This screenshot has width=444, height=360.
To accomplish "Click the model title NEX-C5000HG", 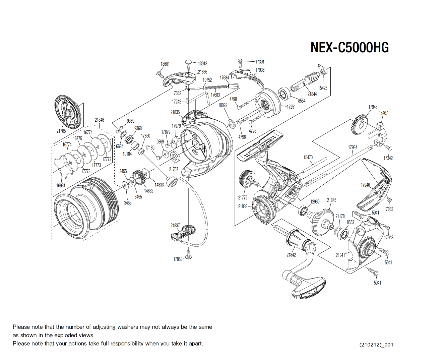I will [x=350, y=48].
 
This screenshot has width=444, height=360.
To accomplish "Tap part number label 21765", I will [x=61, y=131].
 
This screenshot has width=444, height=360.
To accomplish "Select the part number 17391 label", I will [x=260, y=62].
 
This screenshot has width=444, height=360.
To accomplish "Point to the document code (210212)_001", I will [x=376, y=345].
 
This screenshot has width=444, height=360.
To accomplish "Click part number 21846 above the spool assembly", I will [x=99, y=120].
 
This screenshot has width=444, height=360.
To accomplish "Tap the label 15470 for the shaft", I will [x=308, y=157].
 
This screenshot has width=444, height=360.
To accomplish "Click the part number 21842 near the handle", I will [x=291, y=255].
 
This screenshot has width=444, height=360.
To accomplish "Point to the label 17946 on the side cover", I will [x=365, y=185].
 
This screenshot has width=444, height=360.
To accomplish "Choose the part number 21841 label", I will [x=340, y=255].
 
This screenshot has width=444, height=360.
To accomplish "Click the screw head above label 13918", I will [x=189, y=62].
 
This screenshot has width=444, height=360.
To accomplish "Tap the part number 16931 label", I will [x=61, y=185].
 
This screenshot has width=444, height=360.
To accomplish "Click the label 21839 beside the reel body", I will [x=243, y=206].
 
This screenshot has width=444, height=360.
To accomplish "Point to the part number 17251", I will [x=291, y=107].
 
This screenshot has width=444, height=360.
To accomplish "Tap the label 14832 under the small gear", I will [x=148, y=191].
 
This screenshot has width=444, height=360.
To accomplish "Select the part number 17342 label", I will [x=388, y=158].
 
